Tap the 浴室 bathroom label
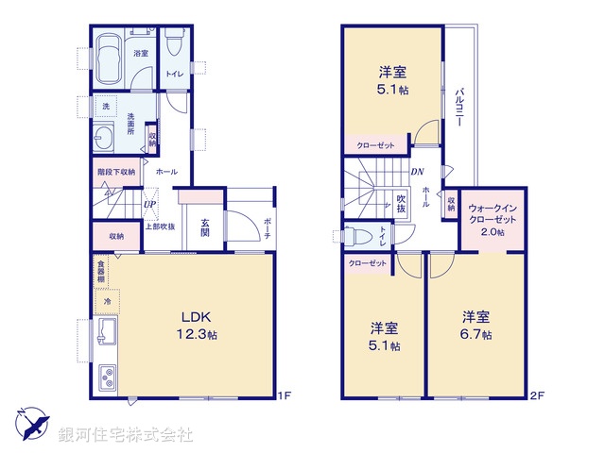[x=141, y=54]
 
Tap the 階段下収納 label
[x=116, y=173]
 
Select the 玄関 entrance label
[x=205, y=229]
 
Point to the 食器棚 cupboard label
[x=99, y=270]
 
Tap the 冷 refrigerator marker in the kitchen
[x=107, y=302]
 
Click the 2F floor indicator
[x=537, y=397]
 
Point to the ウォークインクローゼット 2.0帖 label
[x=492, y=219]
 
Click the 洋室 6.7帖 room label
[x=475, y=326]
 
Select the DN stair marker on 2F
[x=417, y=171]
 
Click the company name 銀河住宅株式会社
[x=126, y=435]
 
